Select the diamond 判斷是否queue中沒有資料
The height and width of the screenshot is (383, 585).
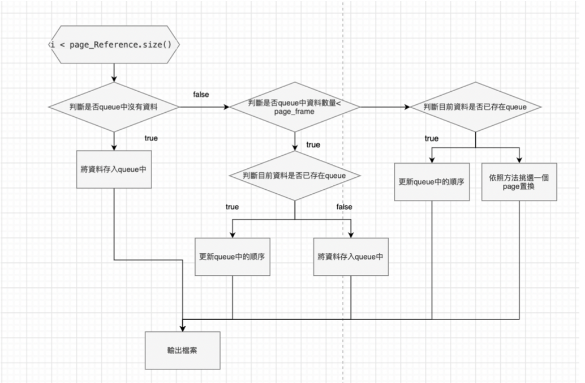click(x=114, y=107)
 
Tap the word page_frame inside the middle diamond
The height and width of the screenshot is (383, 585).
click(x=294, y=112)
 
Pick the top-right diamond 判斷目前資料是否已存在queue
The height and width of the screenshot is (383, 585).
click(x=475, y=107)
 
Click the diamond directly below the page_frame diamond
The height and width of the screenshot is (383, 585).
click(x=294, y=176)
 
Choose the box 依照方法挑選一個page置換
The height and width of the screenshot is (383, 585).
click(x=519, y=181)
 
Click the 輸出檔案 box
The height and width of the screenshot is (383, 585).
click(x=183, y=350)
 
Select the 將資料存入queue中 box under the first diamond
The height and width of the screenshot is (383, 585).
click(x=114, y=169)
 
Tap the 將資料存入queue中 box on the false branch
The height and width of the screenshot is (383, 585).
click(x=351, y=256)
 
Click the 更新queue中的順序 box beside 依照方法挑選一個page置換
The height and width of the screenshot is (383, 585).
click(x=432, y=181)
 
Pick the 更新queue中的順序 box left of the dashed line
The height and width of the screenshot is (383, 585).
click(x=233, y=256)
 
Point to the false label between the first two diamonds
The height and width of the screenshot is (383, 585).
click(x=201, y=94)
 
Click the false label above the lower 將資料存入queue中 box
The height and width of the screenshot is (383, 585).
click(x=344, y=207)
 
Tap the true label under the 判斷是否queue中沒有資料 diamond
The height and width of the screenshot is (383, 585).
click(x=151, y=138)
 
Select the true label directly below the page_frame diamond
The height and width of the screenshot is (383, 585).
click(x=313, y=145)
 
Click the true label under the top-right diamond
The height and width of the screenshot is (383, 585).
click(x=431, y=138)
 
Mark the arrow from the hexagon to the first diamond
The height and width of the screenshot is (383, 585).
click(x=114, y=73)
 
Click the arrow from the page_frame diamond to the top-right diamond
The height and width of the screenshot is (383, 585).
click(x=385, y=107)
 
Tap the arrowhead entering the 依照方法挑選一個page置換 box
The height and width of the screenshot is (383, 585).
click(x=519, y=160)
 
